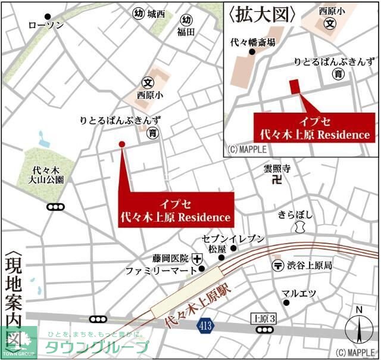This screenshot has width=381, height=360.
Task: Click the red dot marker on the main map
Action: pyautogui.click(x=122, y=144)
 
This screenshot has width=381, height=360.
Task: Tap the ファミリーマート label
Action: pyautogui.click(x=161, y=271)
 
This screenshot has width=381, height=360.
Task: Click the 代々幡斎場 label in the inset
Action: pyautogui.click(x=253, y=42)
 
